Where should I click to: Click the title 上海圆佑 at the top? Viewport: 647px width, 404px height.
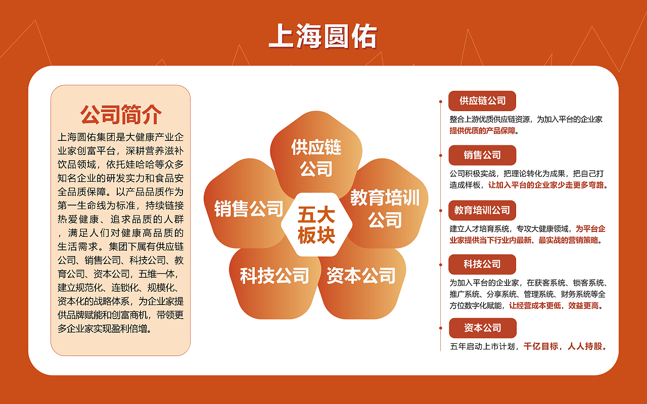point(323,36)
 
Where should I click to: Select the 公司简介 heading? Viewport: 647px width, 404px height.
point(121,115)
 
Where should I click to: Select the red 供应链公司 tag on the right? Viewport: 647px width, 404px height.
point(482,101)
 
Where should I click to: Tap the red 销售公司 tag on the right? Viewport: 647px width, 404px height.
point(482,155)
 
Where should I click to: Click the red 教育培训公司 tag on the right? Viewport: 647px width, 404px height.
point(482,210)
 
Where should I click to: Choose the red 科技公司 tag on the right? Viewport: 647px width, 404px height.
point(482,264)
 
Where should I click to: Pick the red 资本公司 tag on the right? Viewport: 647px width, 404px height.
point(483,328)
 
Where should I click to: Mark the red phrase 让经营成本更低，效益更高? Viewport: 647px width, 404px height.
point(556,306)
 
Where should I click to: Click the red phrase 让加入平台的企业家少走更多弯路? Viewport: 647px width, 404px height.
point(546,185)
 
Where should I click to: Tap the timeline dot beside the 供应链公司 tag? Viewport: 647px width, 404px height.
point(441,101)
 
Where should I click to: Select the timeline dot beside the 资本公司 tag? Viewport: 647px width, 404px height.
point(441,328)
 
